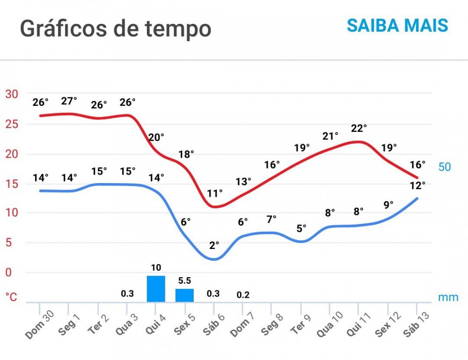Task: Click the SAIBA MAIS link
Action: click(397, 25)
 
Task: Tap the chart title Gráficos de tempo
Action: click(116, 29)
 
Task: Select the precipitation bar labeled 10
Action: click(156, 289)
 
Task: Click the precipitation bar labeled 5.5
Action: click(184, 295)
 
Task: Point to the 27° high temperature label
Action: click(69, 101)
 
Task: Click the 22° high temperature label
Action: click(359, 128)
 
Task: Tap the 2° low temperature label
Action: click(214, 245)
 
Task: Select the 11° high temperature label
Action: click(215, 193)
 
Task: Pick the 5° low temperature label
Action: click(301, 228)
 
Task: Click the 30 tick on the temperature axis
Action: click(11, 94)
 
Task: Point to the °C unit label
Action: click(11, 297)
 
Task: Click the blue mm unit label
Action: click(448, 297)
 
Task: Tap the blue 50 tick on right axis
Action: click(445, 167)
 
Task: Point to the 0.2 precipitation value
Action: click(243, 295)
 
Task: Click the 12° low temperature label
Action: click(417, 185)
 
